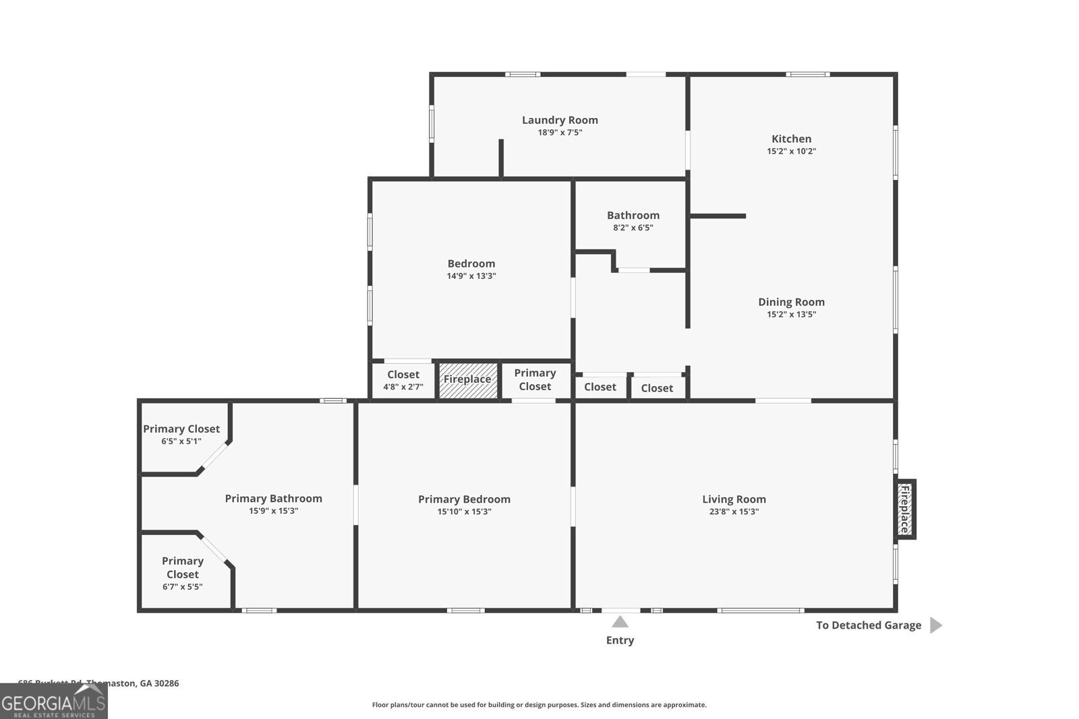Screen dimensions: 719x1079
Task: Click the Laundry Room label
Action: click(x=560, y=120)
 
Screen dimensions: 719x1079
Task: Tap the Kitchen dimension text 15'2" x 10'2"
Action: click(x=791, y=151)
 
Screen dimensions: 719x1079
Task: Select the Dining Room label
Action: click(x=791, y=302)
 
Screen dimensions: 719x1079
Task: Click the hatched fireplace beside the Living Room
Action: click(x=905, y=509)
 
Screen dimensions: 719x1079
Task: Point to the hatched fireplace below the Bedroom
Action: click(x=467, y=379)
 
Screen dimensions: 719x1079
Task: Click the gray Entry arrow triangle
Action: click(x=620, y=621)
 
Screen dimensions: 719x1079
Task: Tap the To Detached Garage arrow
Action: click(x=935, y=625)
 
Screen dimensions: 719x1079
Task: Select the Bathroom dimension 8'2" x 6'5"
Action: click(x=633, y=228)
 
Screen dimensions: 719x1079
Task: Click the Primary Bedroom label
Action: click(x=464, y=499)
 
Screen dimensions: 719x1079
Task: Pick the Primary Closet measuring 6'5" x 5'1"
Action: click(x=181, y=435)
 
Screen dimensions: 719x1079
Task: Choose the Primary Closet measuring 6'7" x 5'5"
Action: click(x=182, y=573)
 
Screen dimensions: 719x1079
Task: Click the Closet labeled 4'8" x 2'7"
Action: click(x=403, y=380)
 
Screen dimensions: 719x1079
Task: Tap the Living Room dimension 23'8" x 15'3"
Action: click(x=734, y=511)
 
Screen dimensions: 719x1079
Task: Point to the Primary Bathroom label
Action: click(x=273, y=499)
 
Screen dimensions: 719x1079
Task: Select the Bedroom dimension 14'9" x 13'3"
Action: click(x=471, y=276)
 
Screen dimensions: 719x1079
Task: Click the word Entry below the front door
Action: click(x=620, y=640)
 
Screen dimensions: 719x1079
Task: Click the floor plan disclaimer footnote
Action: click(x=539, y=705)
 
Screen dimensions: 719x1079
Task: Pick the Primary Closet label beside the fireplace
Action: click(x=535, y=379)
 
